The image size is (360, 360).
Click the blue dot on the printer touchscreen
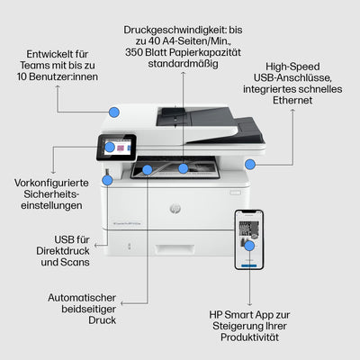[111, 146]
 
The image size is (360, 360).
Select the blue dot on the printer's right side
[249, 163]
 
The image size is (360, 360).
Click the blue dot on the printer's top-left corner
[113, 111]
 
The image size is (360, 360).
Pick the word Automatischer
[81, 296]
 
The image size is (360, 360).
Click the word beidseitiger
[81, 308]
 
